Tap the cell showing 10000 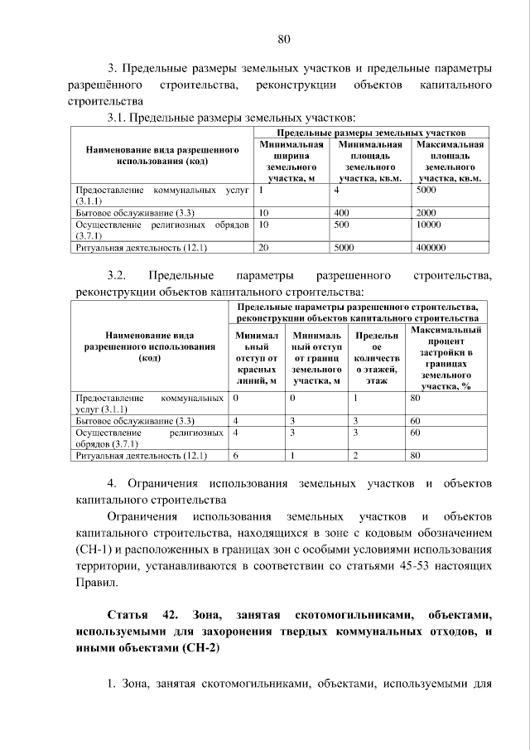pyautogui.click(x=429, y=224)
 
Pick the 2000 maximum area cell pyautogui.click(x=426, y=212)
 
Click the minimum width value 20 pyautogui.click(x=264, y=247)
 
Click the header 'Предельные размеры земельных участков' pyautogui.click(x=370, y=132)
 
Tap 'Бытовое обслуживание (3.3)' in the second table pyautogui.click(x=134, y=420)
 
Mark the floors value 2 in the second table pyautogui.click(x=355, y=455)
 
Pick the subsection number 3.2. pyautogui.click(x=116, y=275)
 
